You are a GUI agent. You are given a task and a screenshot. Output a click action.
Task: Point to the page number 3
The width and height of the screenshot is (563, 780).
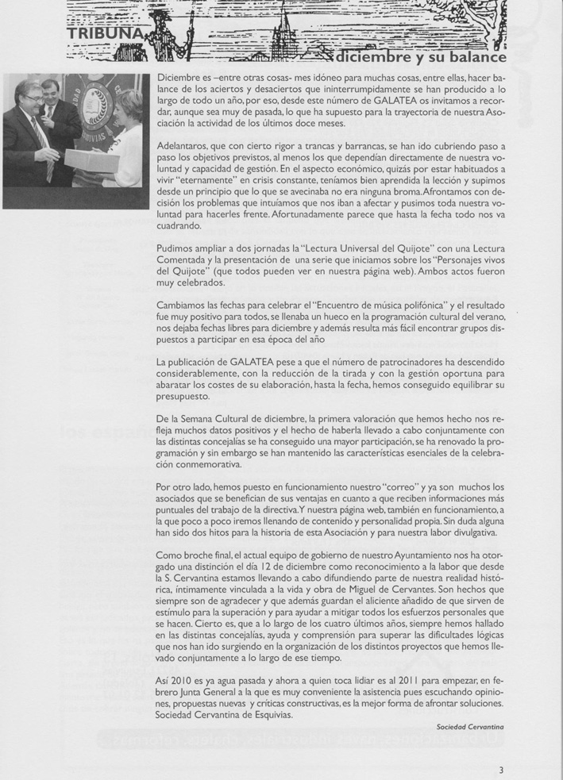pyautogui.click(x=501, y=769)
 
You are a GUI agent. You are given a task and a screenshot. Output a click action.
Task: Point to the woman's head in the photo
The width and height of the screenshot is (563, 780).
pyautogui.click(x=126, y=106)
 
